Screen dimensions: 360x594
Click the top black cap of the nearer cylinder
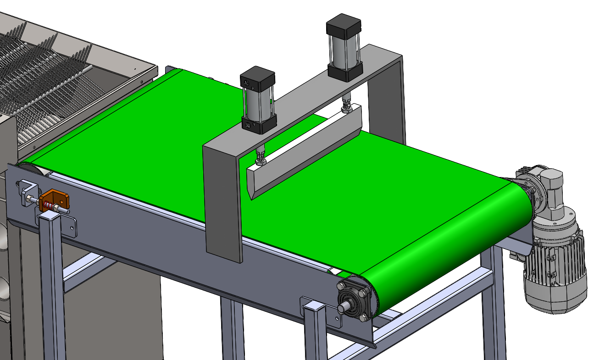pyautogui.click(x=257, y=78)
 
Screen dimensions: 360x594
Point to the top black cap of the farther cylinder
pyautogui.click(x=344, y=26)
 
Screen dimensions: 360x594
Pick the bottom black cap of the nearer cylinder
pyautogui.click(x=259, y=124)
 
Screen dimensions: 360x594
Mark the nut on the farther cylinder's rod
pyautogui.click(x=346, y=109)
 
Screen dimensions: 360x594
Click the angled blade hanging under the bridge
pyautogui.click(x=303, y=156)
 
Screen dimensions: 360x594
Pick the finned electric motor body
pyautogui.click(x=555, y=271)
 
